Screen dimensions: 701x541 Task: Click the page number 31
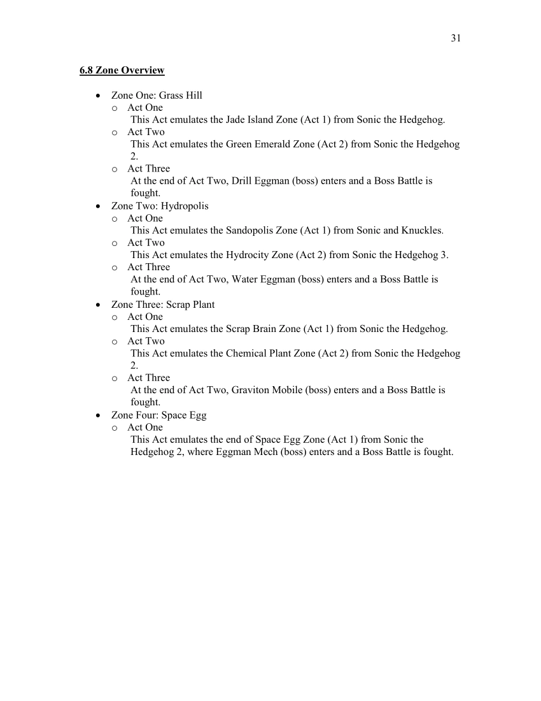pyautogui.click(x=456, y=38)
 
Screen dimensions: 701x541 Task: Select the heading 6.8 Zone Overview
pyautogui.click(x=122, y=70)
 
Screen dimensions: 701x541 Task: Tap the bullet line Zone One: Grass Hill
pyautogui.click(x=157, y=96)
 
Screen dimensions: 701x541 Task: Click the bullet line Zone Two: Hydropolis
pyautogui.click(x=160, y=206)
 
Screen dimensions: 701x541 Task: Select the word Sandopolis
pyautogui.click(x=249, y=231)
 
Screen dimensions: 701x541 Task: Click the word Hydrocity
pyautogui.click(x=247, y=255)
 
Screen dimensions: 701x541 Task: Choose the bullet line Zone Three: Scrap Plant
pyautogui.click(x=163, y=305)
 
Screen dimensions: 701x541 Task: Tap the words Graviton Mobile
pyautogui.click(x=267, y=390)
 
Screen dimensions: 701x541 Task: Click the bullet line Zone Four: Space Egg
pyautogui.click(x=158, y=415)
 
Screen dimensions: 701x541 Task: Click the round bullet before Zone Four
pyautogui.click(x=97, y=416)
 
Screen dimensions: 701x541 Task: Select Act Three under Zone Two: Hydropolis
pyautogui.click(x=148, y=267)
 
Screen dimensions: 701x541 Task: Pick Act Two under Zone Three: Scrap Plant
pyautogui.click(x=146, y=341)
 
